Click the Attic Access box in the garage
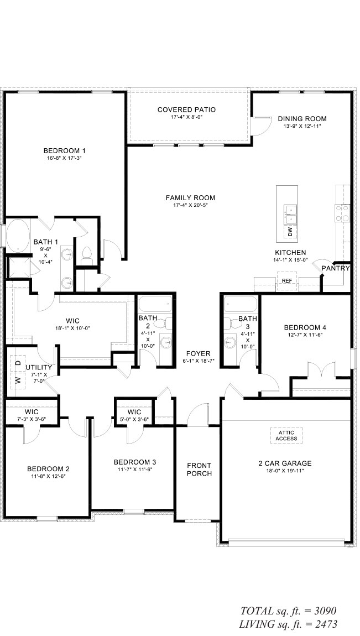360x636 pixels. pos(286,436)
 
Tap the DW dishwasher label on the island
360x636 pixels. pos(290,232)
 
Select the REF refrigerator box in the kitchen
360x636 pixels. pos(287,280)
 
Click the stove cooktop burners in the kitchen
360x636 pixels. pos(342,213)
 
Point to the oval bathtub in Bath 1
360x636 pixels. pos(17,235)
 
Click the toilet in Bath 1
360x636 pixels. pos(86,253)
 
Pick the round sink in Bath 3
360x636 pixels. pos(230,343)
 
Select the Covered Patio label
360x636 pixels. pos(186,110)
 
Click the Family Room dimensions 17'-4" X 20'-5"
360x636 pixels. pos(190,205)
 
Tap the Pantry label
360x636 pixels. pos(336,268)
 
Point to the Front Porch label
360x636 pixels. pos(199,470)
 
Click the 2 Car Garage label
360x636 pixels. pos(285,463)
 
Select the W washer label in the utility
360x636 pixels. pos(18,380)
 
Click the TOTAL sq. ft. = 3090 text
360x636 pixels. pos(288,611)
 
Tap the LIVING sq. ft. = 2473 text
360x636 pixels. pos(288,624)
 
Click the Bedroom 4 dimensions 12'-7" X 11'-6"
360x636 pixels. pos(305,335)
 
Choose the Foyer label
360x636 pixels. pos(198,354)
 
